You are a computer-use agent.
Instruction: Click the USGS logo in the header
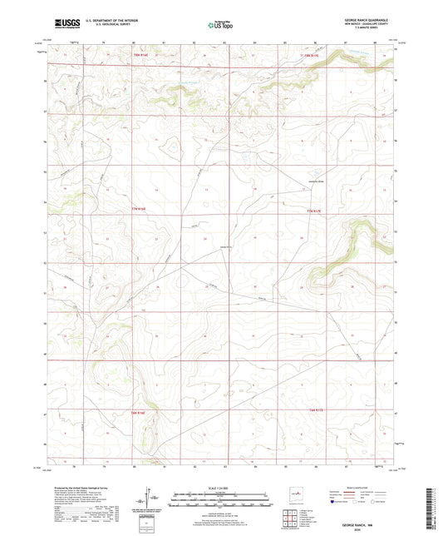[x=66, y=23]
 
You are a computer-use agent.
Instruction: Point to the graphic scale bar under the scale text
[x=221, y=502]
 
